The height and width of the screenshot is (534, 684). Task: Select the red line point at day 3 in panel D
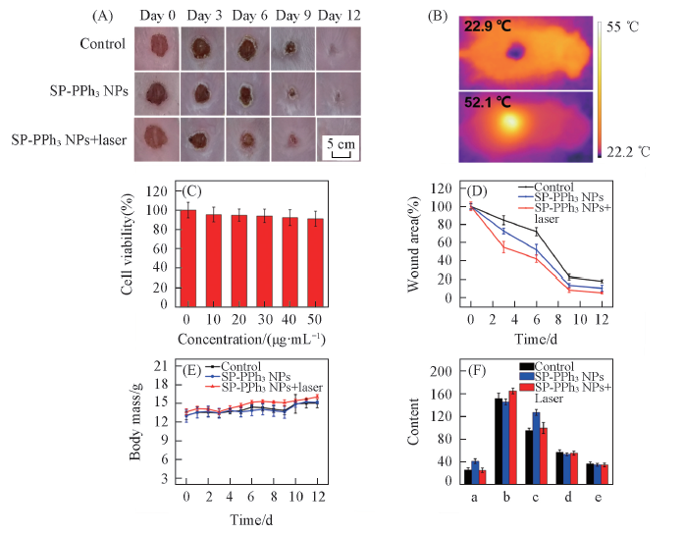click(504, 247)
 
